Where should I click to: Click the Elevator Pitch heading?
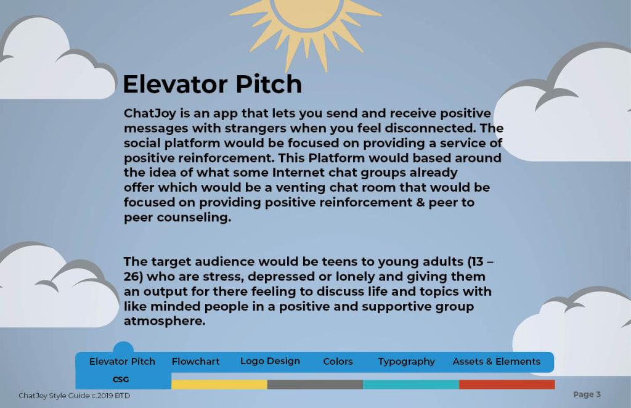click(x=212, y=84)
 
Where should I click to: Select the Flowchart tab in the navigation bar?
click(x=195, y=361)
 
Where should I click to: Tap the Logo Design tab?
click(x=270, y=361)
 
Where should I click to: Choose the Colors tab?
click(x=338, y=361)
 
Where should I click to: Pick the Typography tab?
click(x=407, y=362)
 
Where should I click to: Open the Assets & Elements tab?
click(x=496, y=361)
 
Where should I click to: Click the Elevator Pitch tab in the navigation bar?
click(x=123, y=361)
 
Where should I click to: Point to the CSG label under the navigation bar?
click(x=121, y=380)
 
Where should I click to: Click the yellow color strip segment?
click(x=219, y=385)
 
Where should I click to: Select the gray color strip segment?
click(x=315, y=385)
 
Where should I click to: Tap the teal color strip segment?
click(x=411, y=385)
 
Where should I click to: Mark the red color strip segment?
click(x=507, y=385)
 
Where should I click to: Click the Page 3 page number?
click(x=587, y=394)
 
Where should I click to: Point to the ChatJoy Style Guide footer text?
click(x=75, y=396)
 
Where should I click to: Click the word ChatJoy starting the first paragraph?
click(x=150, y=113)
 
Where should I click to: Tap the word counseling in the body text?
click(x=194, y=218)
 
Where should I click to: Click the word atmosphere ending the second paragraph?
click(x=165, y=321)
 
